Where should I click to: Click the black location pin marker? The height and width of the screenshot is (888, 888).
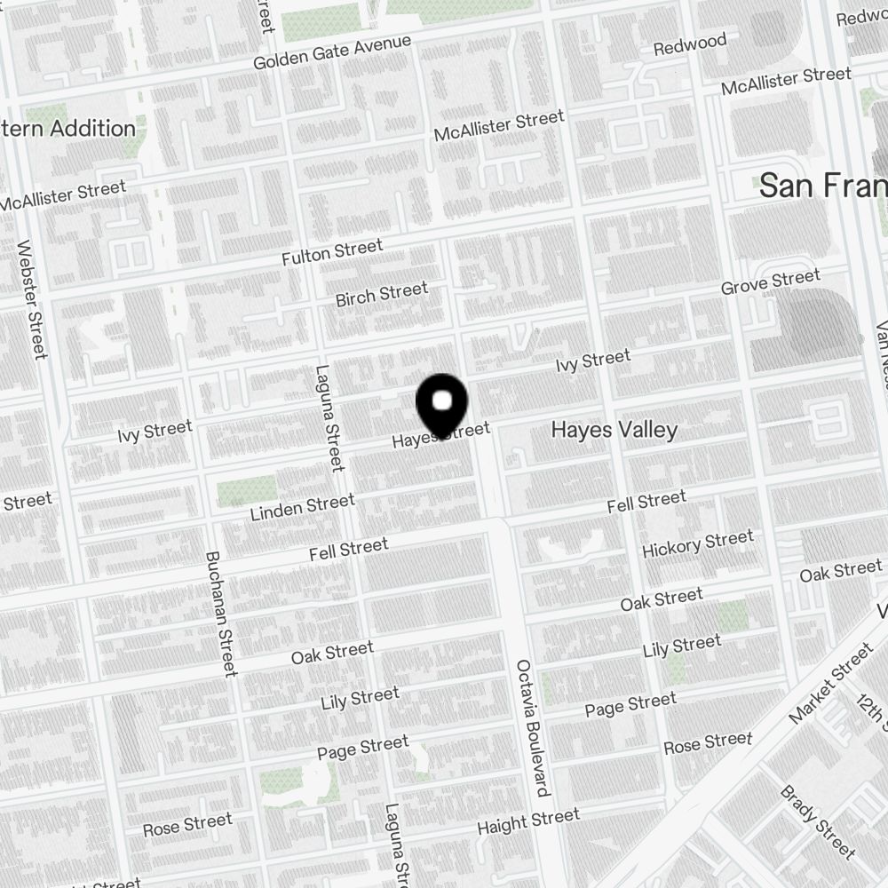click(441, 405)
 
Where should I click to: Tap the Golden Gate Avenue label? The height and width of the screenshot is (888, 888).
click(332, 53)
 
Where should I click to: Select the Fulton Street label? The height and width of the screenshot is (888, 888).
click(332, 252)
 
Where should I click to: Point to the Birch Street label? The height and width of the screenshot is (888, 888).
click(382, 294)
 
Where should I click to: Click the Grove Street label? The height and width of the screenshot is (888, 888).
click(770, 283)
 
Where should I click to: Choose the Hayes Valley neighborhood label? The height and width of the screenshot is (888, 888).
click(614, 430)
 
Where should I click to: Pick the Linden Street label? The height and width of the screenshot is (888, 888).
click(302, 508)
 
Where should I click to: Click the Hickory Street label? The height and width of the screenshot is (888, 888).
click(697, 543)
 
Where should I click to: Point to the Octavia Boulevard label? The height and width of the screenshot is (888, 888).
click(532, 727)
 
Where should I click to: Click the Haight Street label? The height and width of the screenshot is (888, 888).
click(528, 821)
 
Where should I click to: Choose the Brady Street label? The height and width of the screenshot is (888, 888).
click(817, 822)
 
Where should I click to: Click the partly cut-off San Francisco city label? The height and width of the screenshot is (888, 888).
click(822, 186)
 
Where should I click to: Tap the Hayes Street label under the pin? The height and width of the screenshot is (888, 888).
click(441, 435)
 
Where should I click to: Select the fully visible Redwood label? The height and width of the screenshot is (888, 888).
click(690, 44)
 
